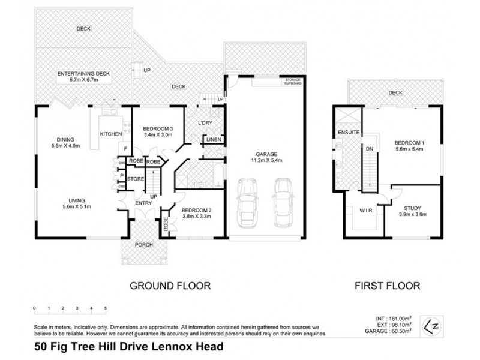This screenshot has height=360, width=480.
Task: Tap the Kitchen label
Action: (x=111, y=134)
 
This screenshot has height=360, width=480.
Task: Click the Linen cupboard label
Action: (x=213, y=140)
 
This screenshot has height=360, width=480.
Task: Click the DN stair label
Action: (x=370, y=148)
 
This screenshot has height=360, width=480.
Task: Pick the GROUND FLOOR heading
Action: (x=170, y=286)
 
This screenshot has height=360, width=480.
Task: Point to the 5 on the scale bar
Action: (x=106, y=308)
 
